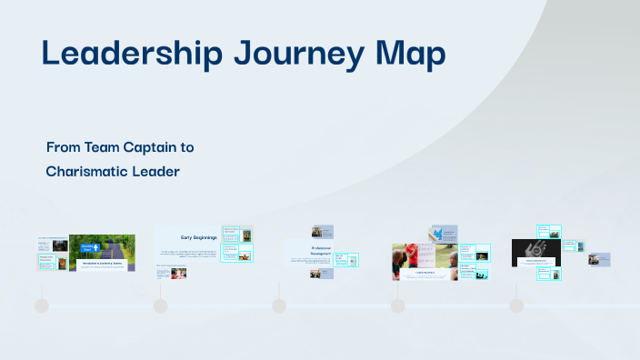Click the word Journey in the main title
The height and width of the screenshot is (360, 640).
point(291,55)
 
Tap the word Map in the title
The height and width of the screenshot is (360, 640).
point(410,55)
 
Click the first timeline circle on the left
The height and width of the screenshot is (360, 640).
point(41,305)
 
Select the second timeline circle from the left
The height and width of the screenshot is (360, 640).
point(160,305)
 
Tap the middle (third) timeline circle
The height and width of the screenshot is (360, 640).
point(279,305)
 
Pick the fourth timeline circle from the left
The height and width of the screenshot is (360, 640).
point(397,305)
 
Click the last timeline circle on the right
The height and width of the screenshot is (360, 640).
point(516,305)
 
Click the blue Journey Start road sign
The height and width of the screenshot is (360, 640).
point(89,247)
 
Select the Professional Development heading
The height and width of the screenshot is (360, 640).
point(307,250)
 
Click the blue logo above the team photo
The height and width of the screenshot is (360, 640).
point(444,234)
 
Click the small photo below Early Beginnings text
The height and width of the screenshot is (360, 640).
point(178,273)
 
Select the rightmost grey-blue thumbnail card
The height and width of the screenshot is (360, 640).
point(599,259)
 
